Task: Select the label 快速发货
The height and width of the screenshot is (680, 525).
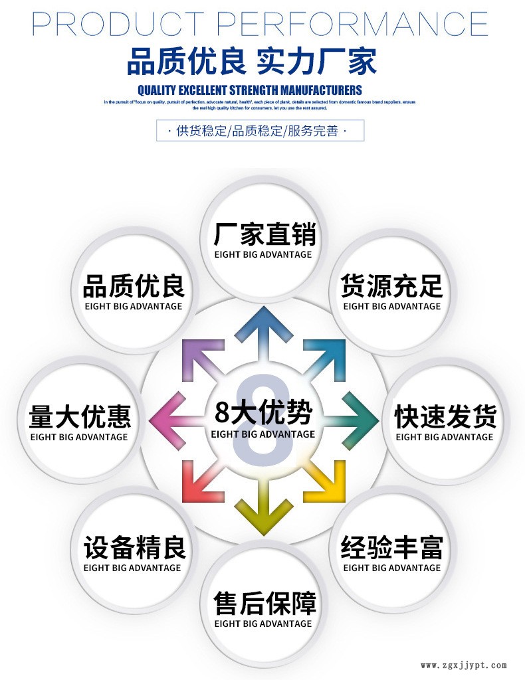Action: pos(445,418)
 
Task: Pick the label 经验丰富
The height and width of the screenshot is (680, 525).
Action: pos(391,549)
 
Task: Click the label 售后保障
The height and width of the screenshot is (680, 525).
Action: pos(263,603)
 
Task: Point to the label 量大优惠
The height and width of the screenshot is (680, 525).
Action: pos(79,418)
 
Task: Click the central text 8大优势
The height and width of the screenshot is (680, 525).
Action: pos(263,413)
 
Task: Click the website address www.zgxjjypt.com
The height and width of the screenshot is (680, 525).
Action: pos(464,665)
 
